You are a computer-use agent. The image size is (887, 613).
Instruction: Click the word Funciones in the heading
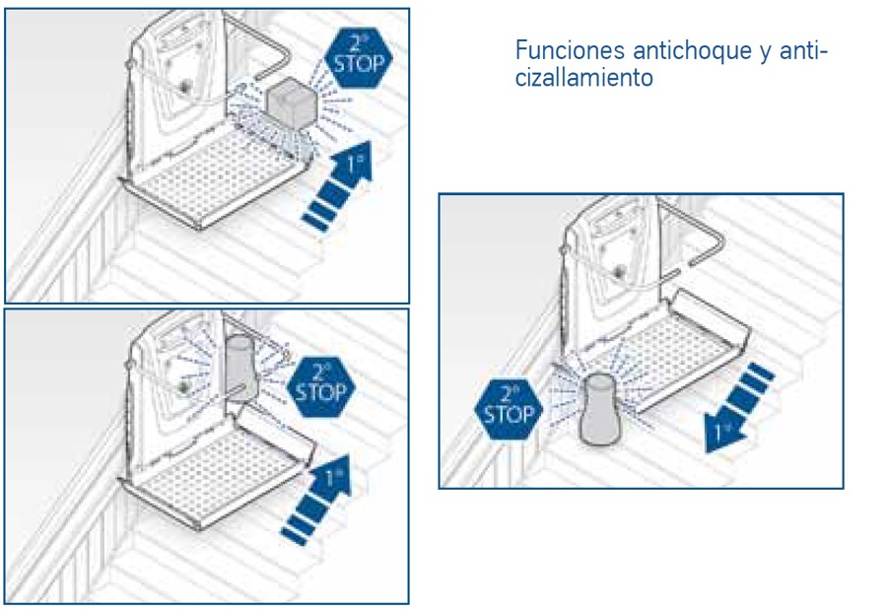(571, 50)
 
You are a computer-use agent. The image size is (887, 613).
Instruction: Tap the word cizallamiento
(584, 78)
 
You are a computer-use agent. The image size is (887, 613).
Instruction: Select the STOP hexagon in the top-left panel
(359, 57)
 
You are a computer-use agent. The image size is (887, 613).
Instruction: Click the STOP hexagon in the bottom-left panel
(320, 386)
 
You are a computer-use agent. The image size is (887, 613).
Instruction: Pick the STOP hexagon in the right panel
(509, 409)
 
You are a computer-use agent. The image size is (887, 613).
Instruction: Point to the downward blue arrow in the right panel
(739, 407)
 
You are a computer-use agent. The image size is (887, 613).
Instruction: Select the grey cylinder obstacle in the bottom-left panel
(241, 368)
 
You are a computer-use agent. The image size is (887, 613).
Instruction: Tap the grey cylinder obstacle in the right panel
(600, 409)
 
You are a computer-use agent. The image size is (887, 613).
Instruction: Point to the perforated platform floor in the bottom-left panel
(218, 475)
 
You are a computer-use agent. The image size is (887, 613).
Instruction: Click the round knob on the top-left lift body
(184, 87)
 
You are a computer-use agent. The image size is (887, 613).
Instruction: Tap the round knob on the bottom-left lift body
(182, 386)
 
